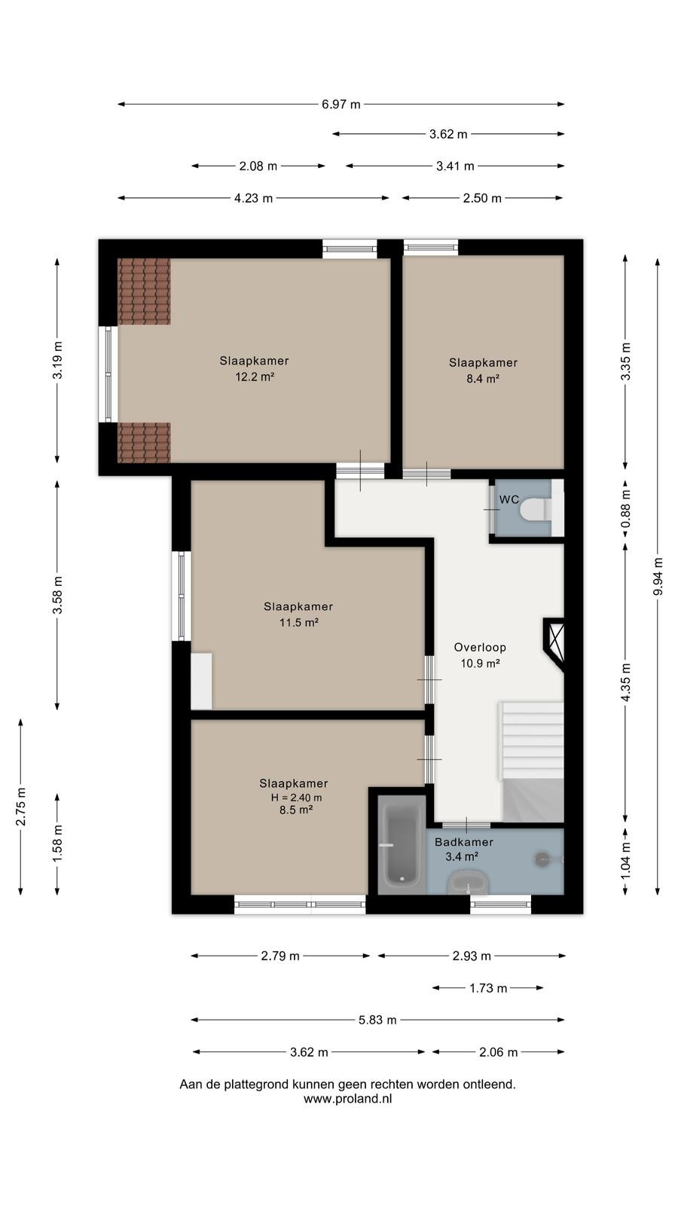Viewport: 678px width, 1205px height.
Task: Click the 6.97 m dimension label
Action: tap(341, 105)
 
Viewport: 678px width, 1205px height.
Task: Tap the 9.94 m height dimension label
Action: tap(658, 576)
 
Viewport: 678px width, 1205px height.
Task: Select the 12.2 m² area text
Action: tap(255, 377)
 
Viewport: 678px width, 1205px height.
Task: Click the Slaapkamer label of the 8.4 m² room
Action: tap(483, 362)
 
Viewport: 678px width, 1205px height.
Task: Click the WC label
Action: tap(509, 499)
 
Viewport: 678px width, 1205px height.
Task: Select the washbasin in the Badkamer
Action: tap(468, 883)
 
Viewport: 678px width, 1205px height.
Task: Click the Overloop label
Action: tap(480, 647)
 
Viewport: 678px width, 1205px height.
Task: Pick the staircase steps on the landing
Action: tap(532, 740)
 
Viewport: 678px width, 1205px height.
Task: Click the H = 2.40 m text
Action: tap(297, 798)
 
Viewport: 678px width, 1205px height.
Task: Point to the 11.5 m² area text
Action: tap(298, 622)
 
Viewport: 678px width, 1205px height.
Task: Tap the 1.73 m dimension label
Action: tap(488, 988)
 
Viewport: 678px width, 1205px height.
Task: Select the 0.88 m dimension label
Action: tap(625, 508)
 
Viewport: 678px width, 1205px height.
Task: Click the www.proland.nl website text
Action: tap(347, 1099)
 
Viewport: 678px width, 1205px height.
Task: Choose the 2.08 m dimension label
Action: tap(258, 166)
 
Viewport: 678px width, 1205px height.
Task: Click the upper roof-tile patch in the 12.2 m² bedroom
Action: tap(144, 291)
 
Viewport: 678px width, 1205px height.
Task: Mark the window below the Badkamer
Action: tap(500, 905)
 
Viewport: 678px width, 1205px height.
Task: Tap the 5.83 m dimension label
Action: tap(377, 1020)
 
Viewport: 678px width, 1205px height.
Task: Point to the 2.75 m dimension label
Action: tap(20, 807)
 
